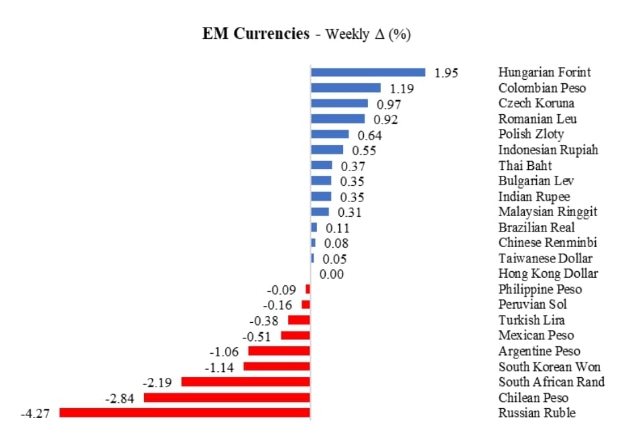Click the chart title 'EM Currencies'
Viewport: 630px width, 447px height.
click(x=255, y=34)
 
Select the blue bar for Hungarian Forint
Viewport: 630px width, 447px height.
click(x=368, y=72)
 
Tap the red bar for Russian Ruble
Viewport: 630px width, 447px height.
click(x=185, y=413)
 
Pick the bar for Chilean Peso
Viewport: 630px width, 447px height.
click(x=227, y=397)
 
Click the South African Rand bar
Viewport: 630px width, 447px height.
click(x=246, y=382)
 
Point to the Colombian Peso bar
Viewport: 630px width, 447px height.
click(x=346, y=88)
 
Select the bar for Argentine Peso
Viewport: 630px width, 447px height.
click(x=279, y=351)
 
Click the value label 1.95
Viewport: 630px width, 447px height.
click(x=446, y=73)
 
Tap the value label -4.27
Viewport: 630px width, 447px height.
click(x=36, y=413)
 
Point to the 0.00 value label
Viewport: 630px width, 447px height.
click(x=332, y=274)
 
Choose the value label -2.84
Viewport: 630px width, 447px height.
click(x=120, y=398)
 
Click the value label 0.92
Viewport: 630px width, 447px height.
click(x=386, y=119)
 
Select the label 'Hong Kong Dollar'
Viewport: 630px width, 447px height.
click(x=548, y=273)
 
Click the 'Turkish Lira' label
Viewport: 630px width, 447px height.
click(x=531, y=320)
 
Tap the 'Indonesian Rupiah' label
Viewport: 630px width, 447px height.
click(x=548, y=150)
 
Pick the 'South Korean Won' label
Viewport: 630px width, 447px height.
click(x=550, y=366)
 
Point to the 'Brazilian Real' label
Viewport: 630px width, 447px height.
click(x=536, y=227)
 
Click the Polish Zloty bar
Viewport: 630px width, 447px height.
click(x=330, y=134)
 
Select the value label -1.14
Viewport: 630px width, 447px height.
click(x=219, y=367)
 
